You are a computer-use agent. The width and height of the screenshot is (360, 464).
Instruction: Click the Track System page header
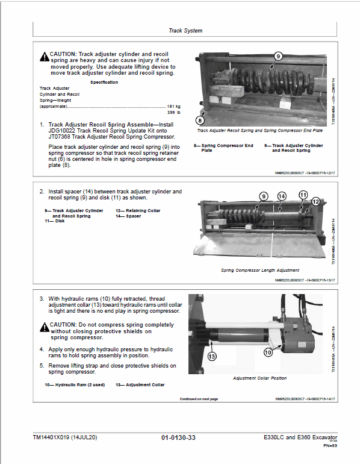(185, 30)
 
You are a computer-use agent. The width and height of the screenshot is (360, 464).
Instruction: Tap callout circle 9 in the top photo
(278, 56)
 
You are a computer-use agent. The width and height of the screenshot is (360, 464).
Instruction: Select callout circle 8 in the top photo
(200, 120)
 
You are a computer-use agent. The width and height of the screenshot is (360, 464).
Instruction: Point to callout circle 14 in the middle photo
(281, 196)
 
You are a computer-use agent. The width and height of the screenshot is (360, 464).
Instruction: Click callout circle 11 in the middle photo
(303, 195)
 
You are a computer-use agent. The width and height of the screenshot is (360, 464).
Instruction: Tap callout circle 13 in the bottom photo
(212, 357)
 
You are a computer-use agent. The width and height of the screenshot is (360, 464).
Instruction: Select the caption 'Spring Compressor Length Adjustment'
(259, 271)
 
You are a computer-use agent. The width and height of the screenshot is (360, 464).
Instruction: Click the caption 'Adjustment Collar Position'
(259, 378)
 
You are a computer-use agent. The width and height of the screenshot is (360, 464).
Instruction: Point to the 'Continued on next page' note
(199, 399)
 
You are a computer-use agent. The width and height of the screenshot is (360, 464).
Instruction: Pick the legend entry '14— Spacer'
(129, 216)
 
